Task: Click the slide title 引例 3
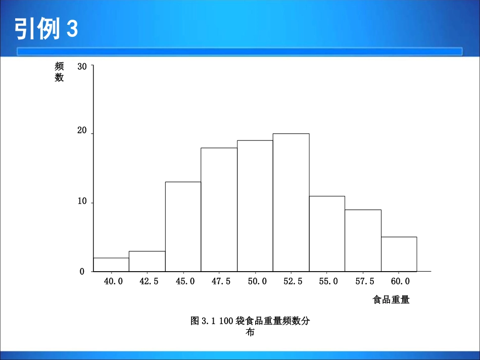46,29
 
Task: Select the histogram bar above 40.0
111,265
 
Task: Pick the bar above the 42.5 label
147,261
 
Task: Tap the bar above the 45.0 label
183,227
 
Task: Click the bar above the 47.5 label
219,210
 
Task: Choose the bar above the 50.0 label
255,206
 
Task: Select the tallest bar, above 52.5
291,202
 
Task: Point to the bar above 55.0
327,234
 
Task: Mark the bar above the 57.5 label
363,240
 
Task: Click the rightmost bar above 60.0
399,254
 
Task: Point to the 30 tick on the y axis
82,66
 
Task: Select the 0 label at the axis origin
82,272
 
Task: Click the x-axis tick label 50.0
257,282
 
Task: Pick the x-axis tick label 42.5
149,282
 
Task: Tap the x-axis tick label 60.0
400,282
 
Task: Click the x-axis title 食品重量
391,300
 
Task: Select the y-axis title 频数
60,72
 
